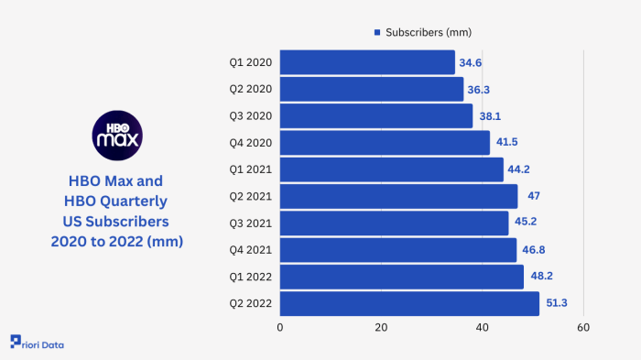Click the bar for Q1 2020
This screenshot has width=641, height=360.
[x=367, y=62]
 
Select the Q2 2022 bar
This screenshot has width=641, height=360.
[x=409, y=304]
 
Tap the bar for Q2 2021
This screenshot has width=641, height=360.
[x=398, y=196]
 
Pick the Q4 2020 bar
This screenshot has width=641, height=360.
[x=385, y=143]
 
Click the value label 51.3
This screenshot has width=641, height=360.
[x=558, y=304]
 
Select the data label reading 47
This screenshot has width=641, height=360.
[x=534, y=196]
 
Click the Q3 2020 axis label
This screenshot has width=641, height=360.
[x=249, y=116]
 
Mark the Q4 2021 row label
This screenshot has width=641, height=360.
[x=249, y=250]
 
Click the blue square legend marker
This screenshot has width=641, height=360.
[x=376, y=32]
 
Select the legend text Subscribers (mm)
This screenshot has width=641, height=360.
[x=429, y=32]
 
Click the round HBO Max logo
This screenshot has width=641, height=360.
[x=117, y=134]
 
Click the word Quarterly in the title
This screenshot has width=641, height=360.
[x=136, y=201]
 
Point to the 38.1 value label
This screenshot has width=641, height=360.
[x=491, y=116]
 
